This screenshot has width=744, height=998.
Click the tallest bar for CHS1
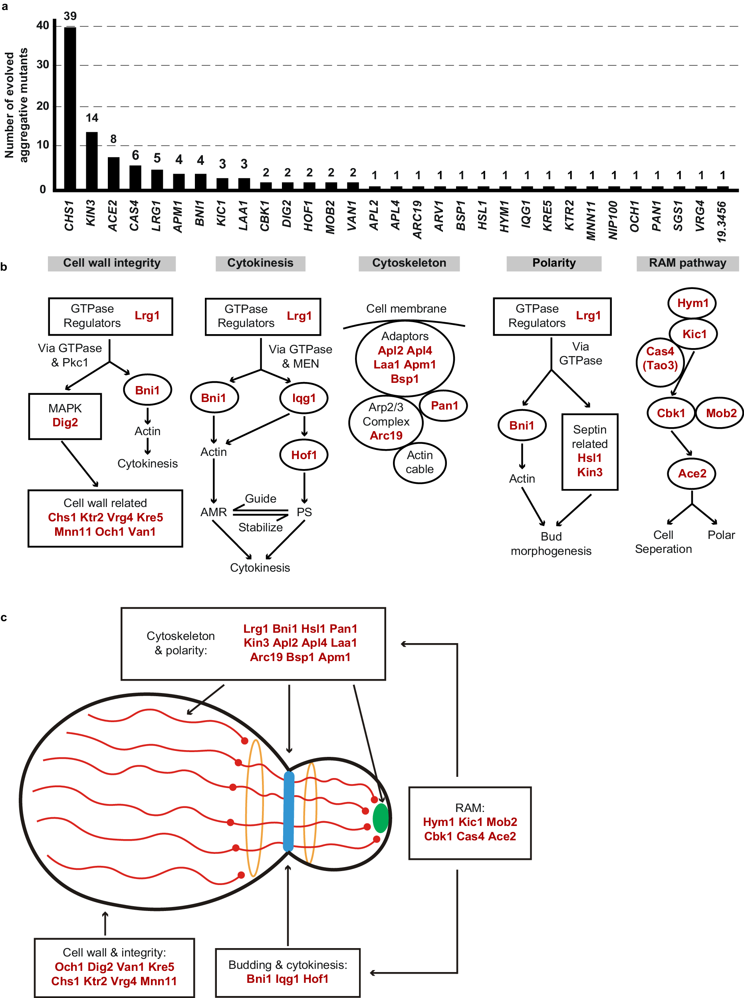coord(70,108)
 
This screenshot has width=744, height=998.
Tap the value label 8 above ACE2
coord(113,139)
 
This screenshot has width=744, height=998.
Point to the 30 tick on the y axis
coord(43,65)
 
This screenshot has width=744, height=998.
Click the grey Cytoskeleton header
coord(409,263)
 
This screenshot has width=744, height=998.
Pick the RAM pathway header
coord(687,263)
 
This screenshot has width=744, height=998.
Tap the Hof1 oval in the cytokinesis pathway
coord(304,455)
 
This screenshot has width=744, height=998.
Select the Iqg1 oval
coord(304,398)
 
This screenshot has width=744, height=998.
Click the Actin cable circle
coord(419,462)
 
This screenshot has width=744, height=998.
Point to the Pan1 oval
coord(444,406)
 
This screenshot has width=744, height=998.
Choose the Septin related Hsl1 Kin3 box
coord(589,451)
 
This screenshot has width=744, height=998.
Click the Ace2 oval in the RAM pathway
coord(691,473)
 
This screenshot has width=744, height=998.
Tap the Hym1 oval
coord(692,303)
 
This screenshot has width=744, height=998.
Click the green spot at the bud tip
coord(381,818)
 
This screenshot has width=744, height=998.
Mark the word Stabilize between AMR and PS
coord(260,527)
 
